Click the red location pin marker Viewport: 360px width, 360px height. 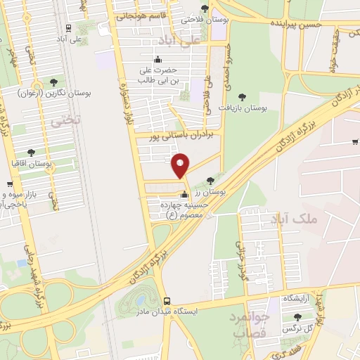coord(181,165)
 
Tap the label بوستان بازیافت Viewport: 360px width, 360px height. coord(242,108)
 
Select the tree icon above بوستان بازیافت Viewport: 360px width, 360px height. coord(243,97)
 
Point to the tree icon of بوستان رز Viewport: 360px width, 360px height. coord(210,181)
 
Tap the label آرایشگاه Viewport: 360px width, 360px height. coord(297,299)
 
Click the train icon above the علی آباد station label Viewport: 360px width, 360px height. coord(68,29)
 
